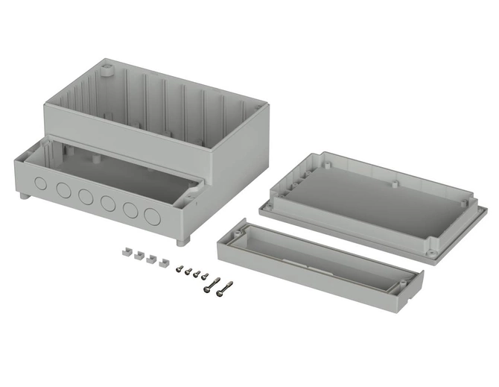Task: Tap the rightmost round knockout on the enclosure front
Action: coord(153,217)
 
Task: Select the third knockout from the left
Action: coord(85,196)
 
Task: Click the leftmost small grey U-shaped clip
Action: coord(125,254)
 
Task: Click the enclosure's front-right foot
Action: coord(181,242)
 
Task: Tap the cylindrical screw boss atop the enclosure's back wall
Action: coord(106,72)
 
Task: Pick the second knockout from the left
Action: coord(63,189)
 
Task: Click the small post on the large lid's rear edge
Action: coord(392,180)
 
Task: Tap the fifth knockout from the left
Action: coord(130,210)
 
